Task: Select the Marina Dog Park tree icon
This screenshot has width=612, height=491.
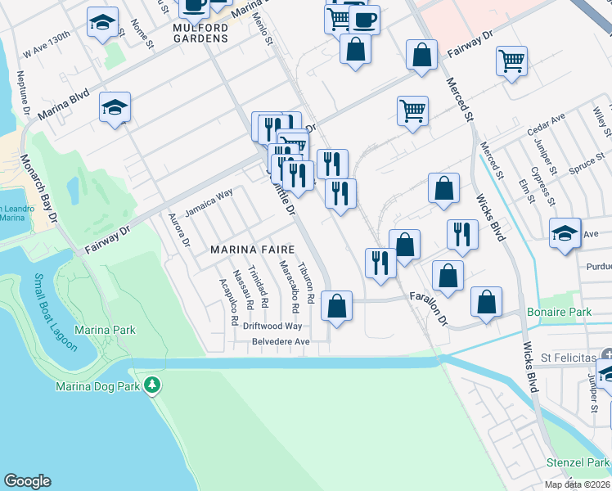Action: pyautogui.click(x=151, y=385)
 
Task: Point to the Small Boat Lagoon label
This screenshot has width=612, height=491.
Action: pyautogui.click(x=55, y=313)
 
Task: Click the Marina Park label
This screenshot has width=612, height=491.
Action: pyautogui.click(x=105, y=330)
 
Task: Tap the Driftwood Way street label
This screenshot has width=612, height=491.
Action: pyautogui.click(x=272, y=326)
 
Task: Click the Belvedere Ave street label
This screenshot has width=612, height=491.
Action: pyautogui.click(x=281, y=341)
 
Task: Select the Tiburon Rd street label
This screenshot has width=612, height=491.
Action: pyautogui.click(x=307, y=283)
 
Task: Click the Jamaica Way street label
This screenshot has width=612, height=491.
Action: pyautogui.click(x=209, y=203)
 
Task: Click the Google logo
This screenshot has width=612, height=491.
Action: pyautogui.click(x=27, y=481)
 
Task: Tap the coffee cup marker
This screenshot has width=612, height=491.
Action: pyautogui.click(x=364, y=18)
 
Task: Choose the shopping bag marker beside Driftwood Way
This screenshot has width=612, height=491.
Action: pyautogui.click(x=336, y=306)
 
